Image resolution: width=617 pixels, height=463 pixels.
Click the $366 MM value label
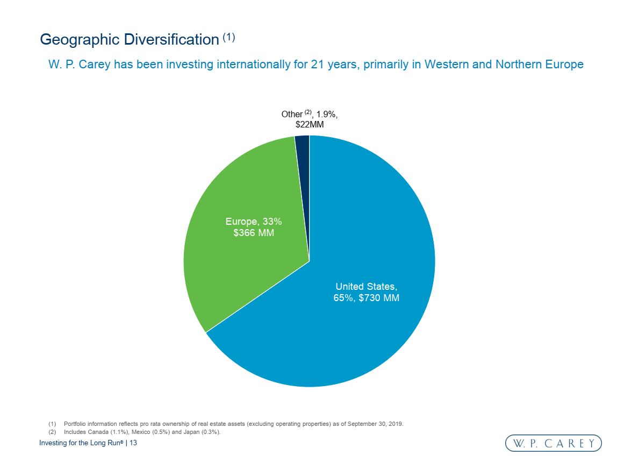(254, 233)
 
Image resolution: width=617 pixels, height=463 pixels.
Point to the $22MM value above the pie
(310, 124)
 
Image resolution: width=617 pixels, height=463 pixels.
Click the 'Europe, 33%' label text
(254, 222)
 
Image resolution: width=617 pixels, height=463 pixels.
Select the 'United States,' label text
(367, 286)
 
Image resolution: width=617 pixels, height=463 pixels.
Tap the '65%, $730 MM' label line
(367, 297)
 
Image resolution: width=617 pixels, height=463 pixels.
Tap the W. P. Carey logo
(553, 443)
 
